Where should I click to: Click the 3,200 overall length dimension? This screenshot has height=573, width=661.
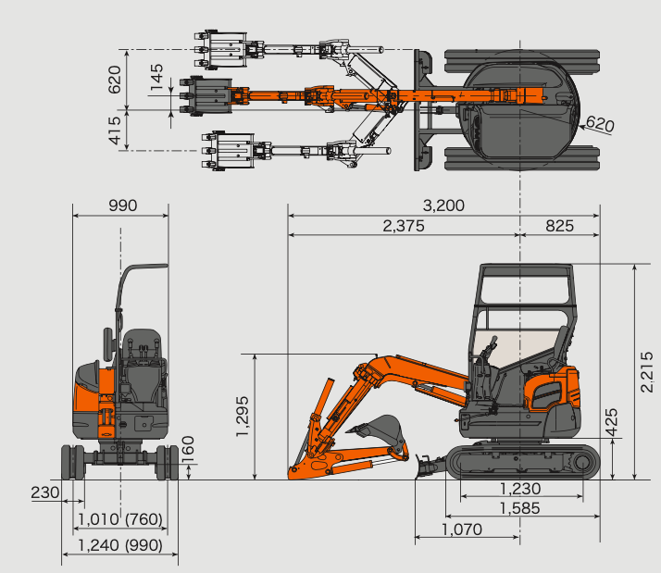pos(443,206)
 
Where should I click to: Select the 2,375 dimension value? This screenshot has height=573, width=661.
pos(404,226)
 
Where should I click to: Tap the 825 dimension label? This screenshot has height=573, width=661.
pos(559,226)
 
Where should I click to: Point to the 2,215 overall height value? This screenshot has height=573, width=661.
pos(646,372)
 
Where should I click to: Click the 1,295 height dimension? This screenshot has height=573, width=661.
pos(243,417)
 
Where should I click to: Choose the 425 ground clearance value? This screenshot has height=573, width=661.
pos(611,422)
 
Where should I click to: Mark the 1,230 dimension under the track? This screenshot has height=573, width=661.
pos(519,489)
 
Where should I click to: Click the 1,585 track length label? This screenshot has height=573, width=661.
pos(519,508)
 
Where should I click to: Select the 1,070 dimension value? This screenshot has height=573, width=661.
pos(462,529)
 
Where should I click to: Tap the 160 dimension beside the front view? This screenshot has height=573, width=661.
pos(188,449)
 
